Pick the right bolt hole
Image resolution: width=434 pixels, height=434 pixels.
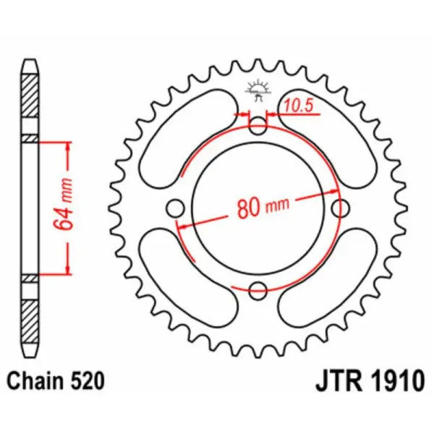point(340,209)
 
